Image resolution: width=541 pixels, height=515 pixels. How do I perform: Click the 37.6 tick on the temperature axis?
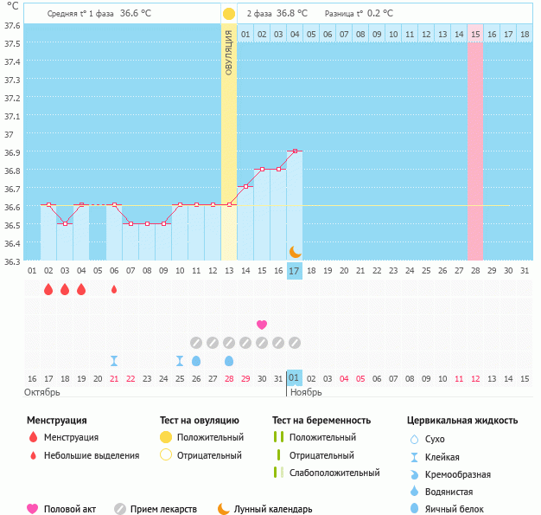[12, 25]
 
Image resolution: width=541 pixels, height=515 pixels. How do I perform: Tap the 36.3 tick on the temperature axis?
[12, 261]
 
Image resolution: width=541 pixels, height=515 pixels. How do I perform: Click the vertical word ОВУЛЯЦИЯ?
[228, 52]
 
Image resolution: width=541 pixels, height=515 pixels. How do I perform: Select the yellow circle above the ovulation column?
[228, 14]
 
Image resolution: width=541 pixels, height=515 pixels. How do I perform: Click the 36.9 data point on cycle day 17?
[295, 151]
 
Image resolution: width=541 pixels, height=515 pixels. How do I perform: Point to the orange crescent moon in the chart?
[295, 251]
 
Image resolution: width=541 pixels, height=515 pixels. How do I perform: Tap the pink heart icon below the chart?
[262, 325]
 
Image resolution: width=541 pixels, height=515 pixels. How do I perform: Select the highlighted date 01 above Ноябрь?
[295, 378]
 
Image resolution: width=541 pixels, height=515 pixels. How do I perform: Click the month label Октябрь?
[41, 392]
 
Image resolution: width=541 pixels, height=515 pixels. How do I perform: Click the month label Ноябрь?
[305, 392]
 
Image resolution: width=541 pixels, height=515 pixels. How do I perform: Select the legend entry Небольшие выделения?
[91, 455]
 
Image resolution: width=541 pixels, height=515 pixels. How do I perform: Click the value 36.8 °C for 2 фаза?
[292, 14]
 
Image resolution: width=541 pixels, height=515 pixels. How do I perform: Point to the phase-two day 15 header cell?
[476, 34]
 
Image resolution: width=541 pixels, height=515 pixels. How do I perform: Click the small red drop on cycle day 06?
[114, 289]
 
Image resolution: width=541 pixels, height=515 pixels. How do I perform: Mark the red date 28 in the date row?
[229, 378]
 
